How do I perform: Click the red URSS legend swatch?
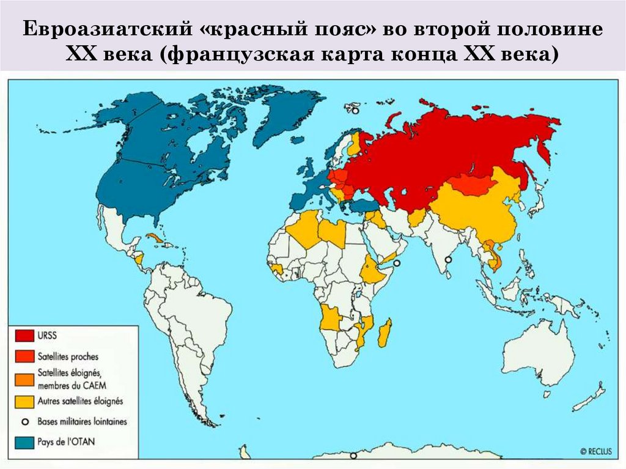24,336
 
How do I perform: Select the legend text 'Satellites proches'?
67,356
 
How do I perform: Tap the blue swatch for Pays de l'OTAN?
24,441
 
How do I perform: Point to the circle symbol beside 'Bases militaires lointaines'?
24,421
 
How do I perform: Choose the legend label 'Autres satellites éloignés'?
80,401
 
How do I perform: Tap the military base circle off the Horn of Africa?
397,263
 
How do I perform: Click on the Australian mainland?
538,352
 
